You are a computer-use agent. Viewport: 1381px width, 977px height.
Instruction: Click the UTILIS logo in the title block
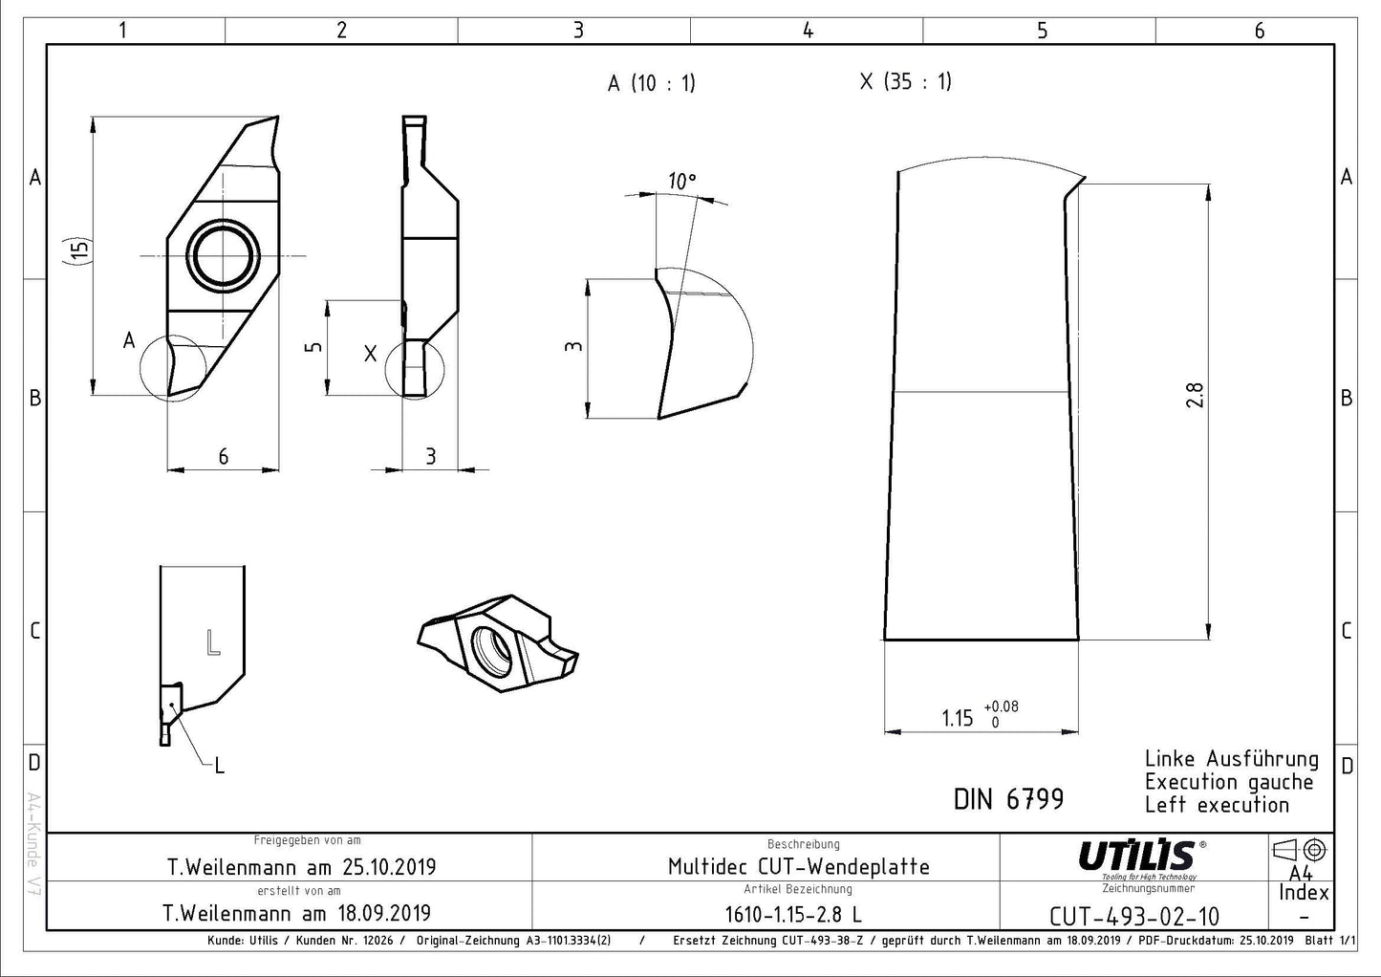(1137, 856)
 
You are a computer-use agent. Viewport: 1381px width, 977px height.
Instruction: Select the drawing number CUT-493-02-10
(1133, 916)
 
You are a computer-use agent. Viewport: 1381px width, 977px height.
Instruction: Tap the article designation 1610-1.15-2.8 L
(792, 914)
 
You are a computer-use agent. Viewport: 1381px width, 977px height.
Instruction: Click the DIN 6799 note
(1008, 799)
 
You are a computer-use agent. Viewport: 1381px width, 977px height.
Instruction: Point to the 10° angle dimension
(682, 181)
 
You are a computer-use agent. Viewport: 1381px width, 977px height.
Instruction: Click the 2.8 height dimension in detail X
(1195, 395)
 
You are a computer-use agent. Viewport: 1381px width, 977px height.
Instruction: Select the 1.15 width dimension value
(957, 718)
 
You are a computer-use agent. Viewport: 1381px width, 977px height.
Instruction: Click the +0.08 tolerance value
(1001, 706)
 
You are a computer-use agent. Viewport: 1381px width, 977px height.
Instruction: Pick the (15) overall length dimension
(80, 250)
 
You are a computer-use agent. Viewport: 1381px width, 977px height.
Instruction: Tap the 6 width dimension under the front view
(223, 456)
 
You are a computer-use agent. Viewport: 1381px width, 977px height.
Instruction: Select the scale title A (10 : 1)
(651, 83)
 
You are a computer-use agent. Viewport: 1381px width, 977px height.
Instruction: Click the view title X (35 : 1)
(905, 81)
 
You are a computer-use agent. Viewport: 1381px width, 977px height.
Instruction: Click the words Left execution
(1217, 805)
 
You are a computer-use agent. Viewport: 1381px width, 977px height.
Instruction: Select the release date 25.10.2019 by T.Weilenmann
(302, 867)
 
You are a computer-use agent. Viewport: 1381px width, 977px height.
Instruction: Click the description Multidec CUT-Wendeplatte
(798, 867)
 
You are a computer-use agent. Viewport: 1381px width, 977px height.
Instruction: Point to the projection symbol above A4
(1300, 849)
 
